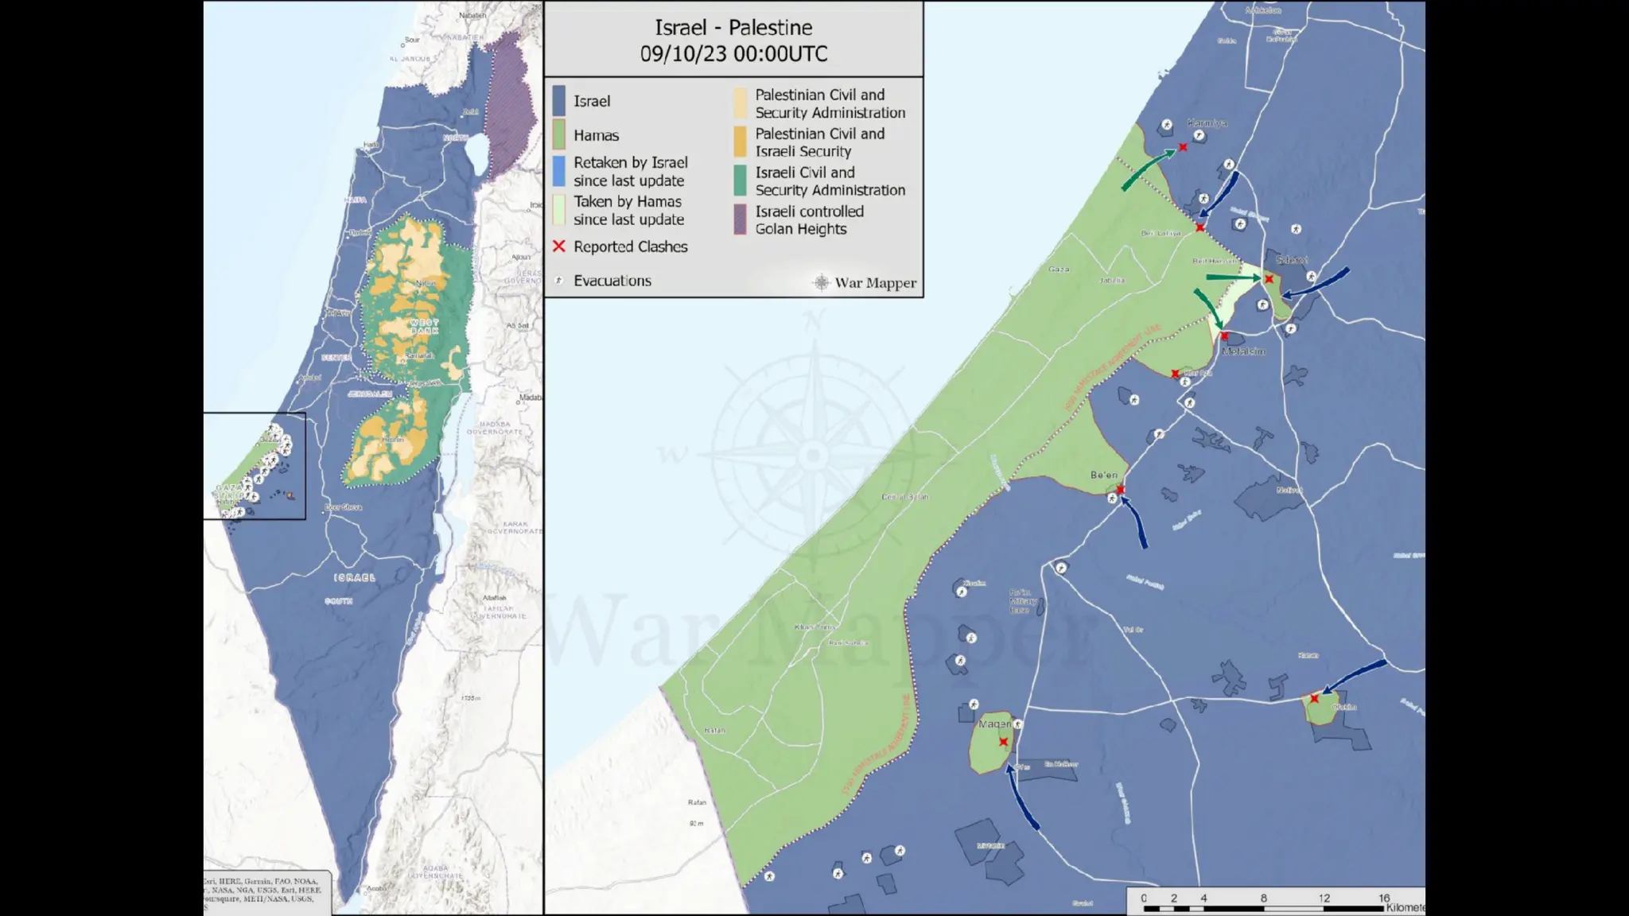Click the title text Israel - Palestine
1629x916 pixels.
733,28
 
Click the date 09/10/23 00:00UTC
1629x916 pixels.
733,54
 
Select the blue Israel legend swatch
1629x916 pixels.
559,101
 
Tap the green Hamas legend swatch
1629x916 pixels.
559,135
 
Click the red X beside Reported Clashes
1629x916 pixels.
559,246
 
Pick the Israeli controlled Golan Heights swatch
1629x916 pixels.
740,220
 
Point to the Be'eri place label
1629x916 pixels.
1103,475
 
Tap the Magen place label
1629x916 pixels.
994,724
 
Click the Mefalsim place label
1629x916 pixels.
1243,351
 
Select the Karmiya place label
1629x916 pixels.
1207,123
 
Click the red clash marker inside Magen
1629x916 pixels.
1004,742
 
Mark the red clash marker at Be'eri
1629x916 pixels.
1120,489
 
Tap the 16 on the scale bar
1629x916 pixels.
1384,898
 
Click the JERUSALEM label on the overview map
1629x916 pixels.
370,394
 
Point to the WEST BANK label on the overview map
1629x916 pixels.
425,326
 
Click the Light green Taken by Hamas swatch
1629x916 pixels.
559,211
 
